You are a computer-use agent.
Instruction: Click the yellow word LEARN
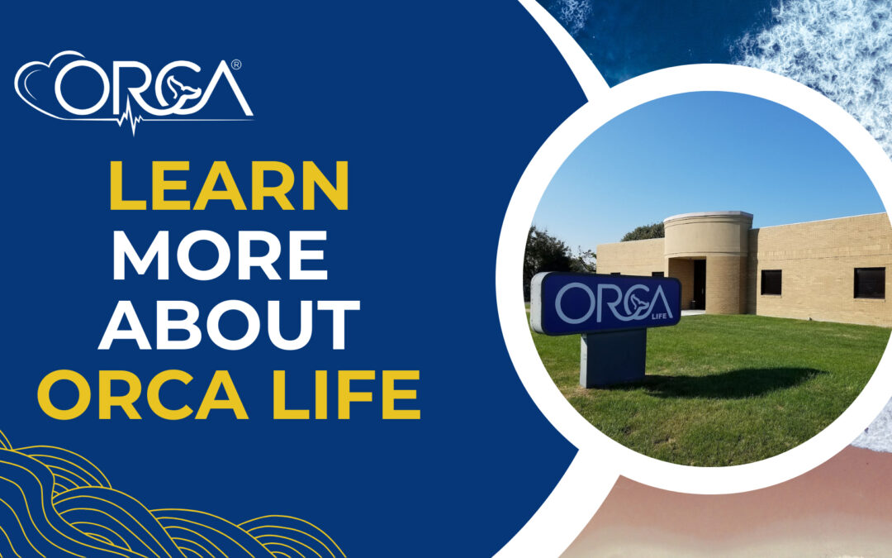pyautogui.click(x=229, y=186)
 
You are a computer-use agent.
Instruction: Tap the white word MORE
pyautogui.click(x=221, y=255)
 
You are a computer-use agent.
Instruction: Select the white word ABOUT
pyautogui.click(x=230, y=325)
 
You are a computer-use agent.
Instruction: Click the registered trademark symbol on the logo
pyautogui.click(x=236, y=65)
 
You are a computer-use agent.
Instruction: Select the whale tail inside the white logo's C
pyautogui.click(x=178, y=88)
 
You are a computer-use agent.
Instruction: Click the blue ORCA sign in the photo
pyautogui.click(x=606, y=303)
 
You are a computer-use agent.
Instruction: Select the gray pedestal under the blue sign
pyautogui.click(x=613, y=358)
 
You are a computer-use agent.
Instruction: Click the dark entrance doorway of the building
pyautogui.click(x=699, y=284)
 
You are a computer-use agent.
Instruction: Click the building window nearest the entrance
pyautogui.click(x=771, y=283)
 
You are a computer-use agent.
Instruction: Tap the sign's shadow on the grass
pyautogui.click(x=728, y=383)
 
